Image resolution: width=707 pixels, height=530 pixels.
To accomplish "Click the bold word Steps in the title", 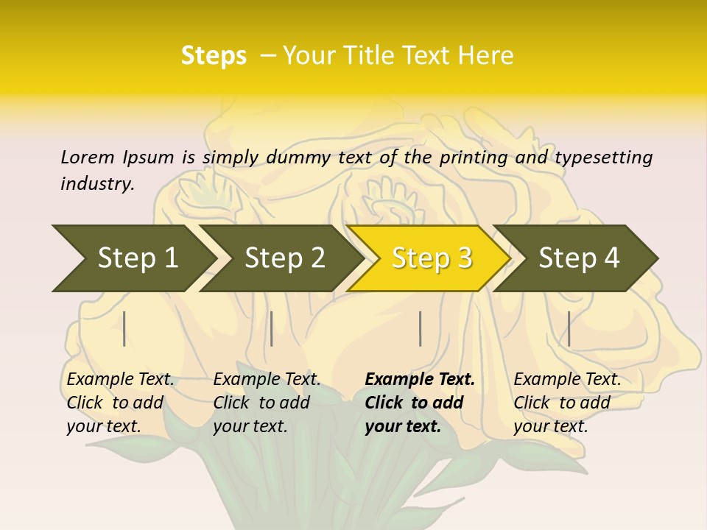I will coord(214,55).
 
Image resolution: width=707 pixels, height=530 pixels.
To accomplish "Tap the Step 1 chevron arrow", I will coord(133,258).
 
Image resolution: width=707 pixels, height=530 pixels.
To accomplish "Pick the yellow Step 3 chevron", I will coord(431,258).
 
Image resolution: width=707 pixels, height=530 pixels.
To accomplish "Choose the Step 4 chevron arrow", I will coord(578,258).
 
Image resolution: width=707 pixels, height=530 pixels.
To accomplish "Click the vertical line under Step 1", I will coord(124,328).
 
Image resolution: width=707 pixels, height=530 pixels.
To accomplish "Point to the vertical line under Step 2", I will coord(272,328).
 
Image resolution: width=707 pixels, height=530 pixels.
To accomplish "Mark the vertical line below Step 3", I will coord(420,328).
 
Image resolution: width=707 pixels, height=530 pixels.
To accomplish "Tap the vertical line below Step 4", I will coord(569,328).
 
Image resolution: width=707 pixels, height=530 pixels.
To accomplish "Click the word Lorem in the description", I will coord(88,157).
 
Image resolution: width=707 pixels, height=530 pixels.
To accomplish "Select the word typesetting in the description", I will coord(603,157).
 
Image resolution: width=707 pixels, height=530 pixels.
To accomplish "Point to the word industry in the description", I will coord(97,183).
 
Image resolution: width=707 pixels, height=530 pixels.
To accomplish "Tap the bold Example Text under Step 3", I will coord(420,379).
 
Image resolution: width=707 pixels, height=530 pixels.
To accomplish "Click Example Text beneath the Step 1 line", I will coord(120,379).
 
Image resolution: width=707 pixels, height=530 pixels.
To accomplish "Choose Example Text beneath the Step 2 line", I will coord(267,379).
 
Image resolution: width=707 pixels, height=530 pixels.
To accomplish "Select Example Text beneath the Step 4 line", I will coord(567,379).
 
